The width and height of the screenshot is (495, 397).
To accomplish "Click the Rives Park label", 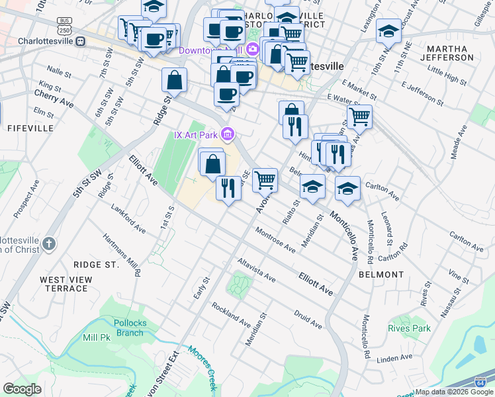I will pyautogui.click(x=409, y=328).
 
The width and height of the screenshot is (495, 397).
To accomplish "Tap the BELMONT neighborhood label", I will pyautogui.click(x=381, y=274).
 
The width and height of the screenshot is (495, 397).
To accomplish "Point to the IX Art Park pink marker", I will pyautogui.click(x=228, y=135).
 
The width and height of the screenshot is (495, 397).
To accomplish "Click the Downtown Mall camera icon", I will pyautogui.click(x=251, y=50).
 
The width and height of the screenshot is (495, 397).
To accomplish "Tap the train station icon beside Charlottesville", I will pyautogui.click(x=80, y=41).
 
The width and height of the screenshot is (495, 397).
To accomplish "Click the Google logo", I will pyautogui.click(x=22, y=389).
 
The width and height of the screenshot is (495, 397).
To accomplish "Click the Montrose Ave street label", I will pyautogui.click(x=273, y=242).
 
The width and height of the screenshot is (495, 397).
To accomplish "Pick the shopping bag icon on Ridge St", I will pyautogui.click(x=174, y=81).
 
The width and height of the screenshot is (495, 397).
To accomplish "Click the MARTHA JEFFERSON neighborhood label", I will pyautogui.click(x=451, y=53).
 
